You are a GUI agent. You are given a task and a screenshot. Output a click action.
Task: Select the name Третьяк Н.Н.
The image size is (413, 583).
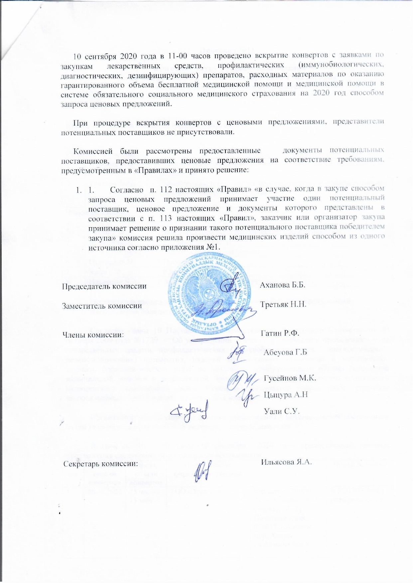[x=283, y=304]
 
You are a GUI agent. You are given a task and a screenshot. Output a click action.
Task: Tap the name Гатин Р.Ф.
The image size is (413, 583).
[x=280, y=333]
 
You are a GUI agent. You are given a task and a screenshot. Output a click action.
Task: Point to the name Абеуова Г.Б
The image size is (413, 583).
[x=285, y=352]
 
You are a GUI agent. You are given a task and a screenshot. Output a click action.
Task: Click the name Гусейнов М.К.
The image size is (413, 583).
[x=290, y=378]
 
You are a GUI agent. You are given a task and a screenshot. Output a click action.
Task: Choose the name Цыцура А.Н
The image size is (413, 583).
[x=286, y=395]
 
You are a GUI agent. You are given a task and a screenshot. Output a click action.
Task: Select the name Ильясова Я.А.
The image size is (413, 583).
[x=286, y=462]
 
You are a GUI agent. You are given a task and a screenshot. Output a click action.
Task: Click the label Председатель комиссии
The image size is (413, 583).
[x=104, y=286]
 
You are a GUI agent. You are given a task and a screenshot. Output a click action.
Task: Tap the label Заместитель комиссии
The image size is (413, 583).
[x=102, y=306]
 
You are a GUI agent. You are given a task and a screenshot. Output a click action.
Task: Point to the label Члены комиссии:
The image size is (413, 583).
[x=93, y=335]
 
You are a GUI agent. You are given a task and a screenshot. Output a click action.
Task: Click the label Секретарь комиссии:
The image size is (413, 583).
[x=101, y=464]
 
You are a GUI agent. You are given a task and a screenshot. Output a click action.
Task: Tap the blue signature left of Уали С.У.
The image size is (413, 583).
[x=189, y=411]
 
